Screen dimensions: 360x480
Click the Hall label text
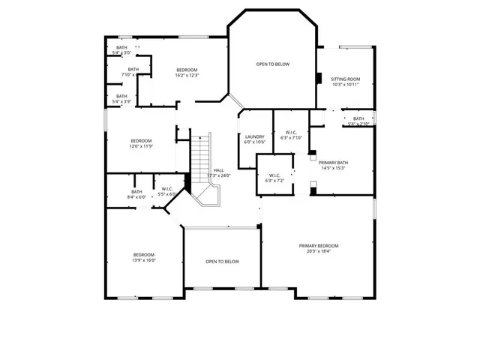pyautogui.click(x=219, y=170)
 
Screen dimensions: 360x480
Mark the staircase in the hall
pyautogui.click(x=201, y=161)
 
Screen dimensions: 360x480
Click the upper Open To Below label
pyautogui.click(x=272, y=64)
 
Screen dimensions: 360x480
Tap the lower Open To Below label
pyautogui.click(x=222, y=261)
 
